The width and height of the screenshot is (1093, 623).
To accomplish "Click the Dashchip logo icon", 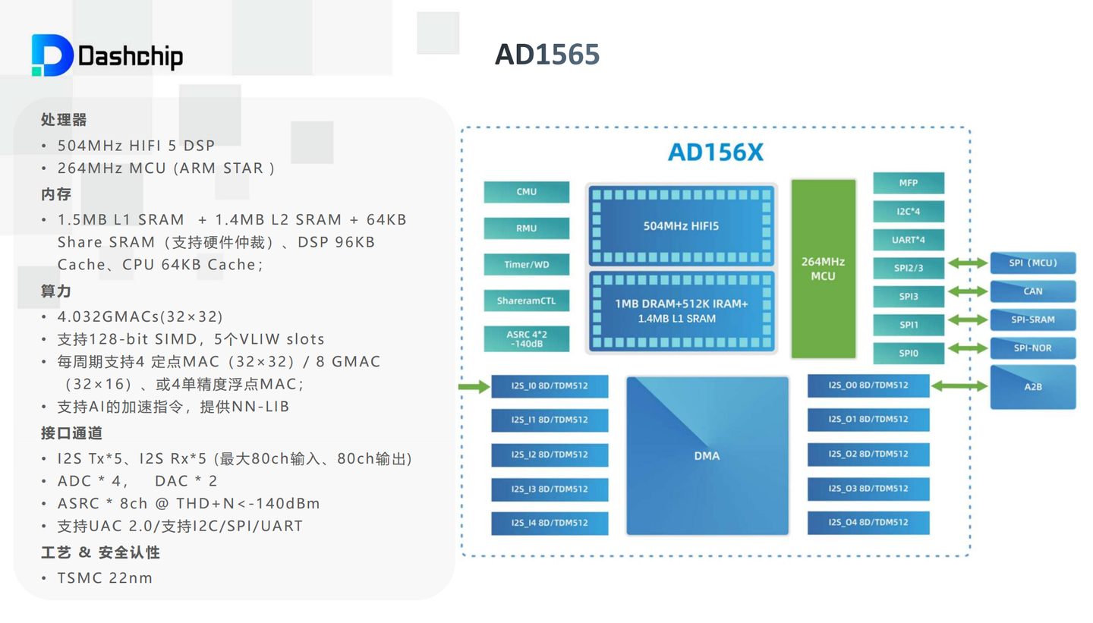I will tap(52, 55).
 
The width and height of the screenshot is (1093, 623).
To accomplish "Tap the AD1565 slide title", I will tap(546, 54).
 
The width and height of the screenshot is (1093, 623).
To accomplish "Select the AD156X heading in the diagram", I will tap(715, 153).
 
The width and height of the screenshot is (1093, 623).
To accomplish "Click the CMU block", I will tap(526, 192).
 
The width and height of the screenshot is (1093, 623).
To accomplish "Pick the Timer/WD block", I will tap(526, 265).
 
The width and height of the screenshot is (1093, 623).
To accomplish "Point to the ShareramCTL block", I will tap(526, 300).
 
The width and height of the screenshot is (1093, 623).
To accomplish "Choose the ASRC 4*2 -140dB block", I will tap(526, 338).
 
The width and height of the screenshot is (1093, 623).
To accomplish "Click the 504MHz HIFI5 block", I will tap(681, 225).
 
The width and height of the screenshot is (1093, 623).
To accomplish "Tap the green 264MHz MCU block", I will tap(823, 269).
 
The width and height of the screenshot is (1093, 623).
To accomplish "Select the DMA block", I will tap(706, 456).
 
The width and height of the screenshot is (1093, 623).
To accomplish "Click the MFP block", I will tap(909, 183).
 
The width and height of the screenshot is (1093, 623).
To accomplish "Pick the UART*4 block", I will tap(909, 241).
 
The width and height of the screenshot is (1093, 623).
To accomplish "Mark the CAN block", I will tap(1032, 291).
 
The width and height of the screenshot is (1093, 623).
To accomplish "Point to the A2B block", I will tap(1032, 387).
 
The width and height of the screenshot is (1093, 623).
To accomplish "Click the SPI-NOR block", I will tap(1032, 348).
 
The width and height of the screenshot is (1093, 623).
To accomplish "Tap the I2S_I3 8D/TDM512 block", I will tap(550, 489).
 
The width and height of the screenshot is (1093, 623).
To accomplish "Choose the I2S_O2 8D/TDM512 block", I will tap(868, 454).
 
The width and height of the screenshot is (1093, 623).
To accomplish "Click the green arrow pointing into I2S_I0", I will tap(474, 387).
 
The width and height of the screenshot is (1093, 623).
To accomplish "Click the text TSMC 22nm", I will tap(105, 578).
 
